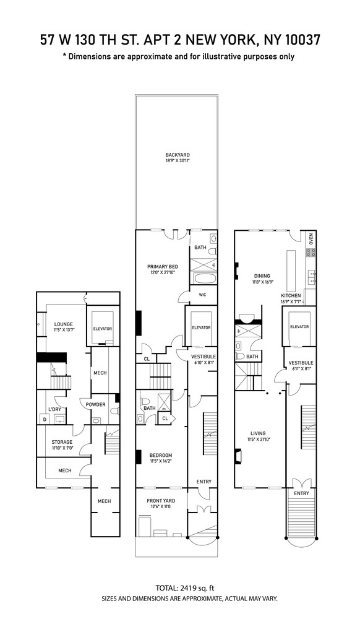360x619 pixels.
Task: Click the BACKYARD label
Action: (177, 155)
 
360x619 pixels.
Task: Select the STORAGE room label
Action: (62, 442)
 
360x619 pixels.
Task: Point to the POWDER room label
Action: (96, 405)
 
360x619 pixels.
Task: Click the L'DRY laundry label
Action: (55, 409)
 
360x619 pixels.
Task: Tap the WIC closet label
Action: (202, 295)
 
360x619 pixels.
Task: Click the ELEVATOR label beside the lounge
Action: (102, 329)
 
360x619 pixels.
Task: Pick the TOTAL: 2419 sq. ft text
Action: (180, 587)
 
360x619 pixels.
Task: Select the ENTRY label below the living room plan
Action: (301, 493)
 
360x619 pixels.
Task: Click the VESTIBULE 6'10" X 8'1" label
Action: (203, 359)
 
